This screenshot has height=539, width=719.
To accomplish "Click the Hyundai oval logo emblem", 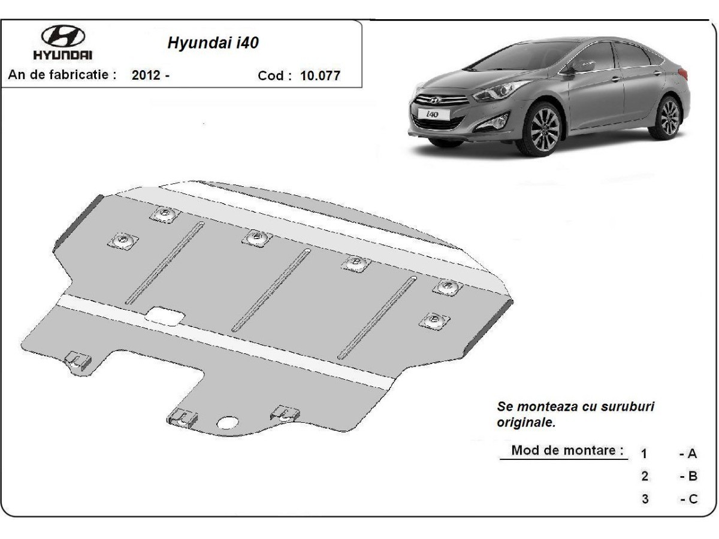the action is [63, 36].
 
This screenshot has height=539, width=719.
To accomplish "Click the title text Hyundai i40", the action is [213, 43].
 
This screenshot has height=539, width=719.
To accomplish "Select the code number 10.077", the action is [320, 75].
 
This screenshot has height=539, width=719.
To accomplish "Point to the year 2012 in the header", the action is [146, 75].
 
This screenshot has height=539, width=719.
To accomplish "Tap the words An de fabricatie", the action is [62, 75].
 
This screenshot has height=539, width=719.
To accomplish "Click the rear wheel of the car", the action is [669, 118].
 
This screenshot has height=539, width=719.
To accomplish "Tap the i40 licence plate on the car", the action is [433, 114].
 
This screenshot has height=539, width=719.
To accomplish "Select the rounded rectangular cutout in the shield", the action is [165, 316].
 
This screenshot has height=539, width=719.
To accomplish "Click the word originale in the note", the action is [526, 422].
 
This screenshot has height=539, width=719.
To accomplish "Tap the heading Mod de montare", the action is [567, 450].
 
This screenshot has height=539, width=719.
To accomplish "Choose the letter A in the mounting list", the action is [692, 453].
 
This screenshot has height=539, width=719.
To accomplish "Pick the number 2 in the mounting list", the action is [645, 476].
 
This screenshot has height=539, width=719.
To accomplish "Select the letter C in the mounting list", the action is [693, 499].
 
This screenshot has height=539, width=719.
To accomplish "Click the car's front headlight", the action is [503, 90].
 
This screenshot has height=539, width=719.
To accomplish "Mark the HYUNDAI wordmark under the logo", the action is [62, 55].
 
